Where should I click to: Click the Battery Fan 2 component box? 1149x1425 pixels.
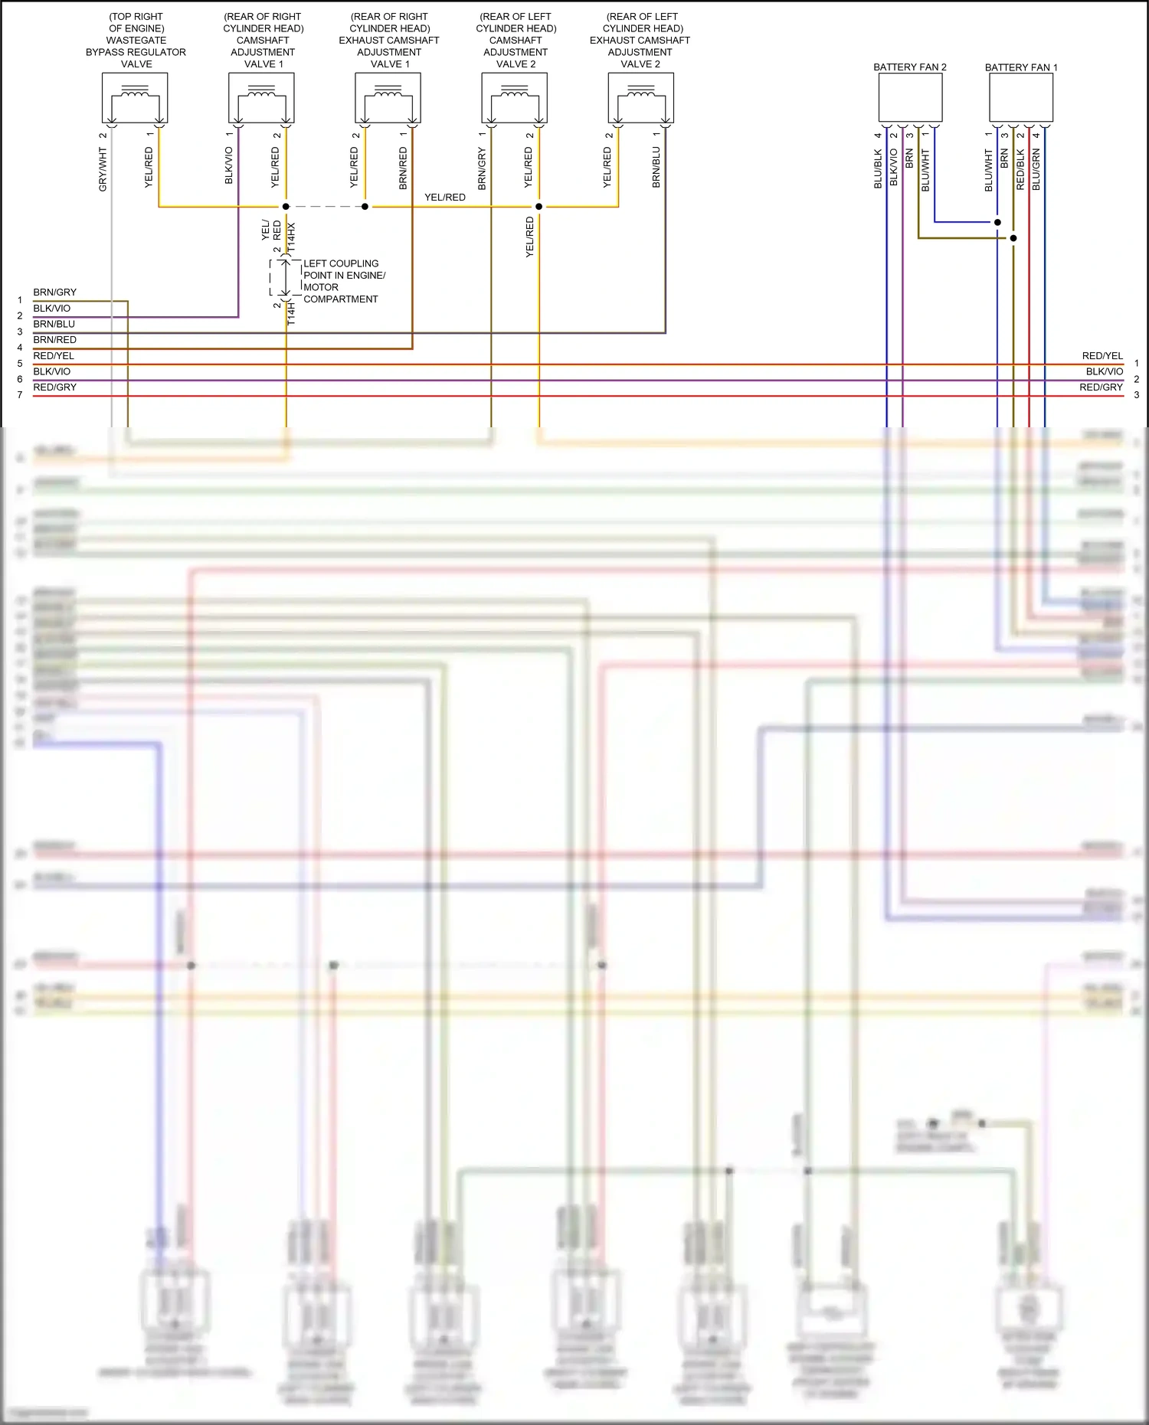910,98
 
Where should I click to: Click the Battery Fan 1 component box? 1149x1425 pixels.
1021,98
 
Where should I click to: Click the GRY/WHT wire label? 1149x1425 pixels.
103,169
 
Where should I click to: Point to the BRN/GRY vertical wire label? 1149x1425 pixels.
482,169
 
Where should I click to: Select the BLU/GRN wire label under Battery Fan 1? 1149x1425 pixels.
1036,170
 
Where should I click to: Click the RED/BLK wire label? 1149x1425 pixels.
1020,170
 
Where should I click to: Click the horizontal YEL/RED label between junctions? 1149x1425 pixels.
445,198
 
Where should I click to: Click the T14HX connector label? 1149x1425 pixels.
291,238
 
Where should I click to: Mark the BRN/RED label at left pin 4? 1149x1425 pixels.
55,340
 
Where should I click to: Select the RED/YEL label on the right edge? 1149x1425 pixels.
1102,356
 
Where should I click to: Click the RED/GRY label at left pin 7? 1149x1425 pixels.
55,387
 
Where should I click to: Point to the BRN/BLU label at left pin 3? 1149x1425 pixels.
54,324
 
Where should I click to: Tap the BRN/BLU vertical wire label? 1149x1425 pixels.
656,168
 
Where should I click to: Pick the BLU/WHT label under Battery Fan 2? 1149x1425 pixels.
925,170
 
